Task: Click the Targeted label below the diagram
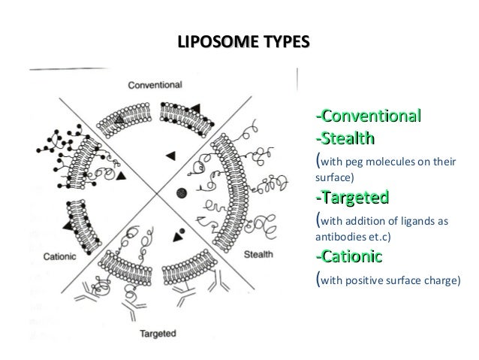[158, 331]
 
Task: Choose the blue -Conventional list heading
[367, 117]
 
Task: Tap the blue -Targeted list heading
[351, 198]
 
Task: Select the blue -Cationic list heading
[349, 258]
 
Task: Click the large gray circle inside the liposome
[179, 193]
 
